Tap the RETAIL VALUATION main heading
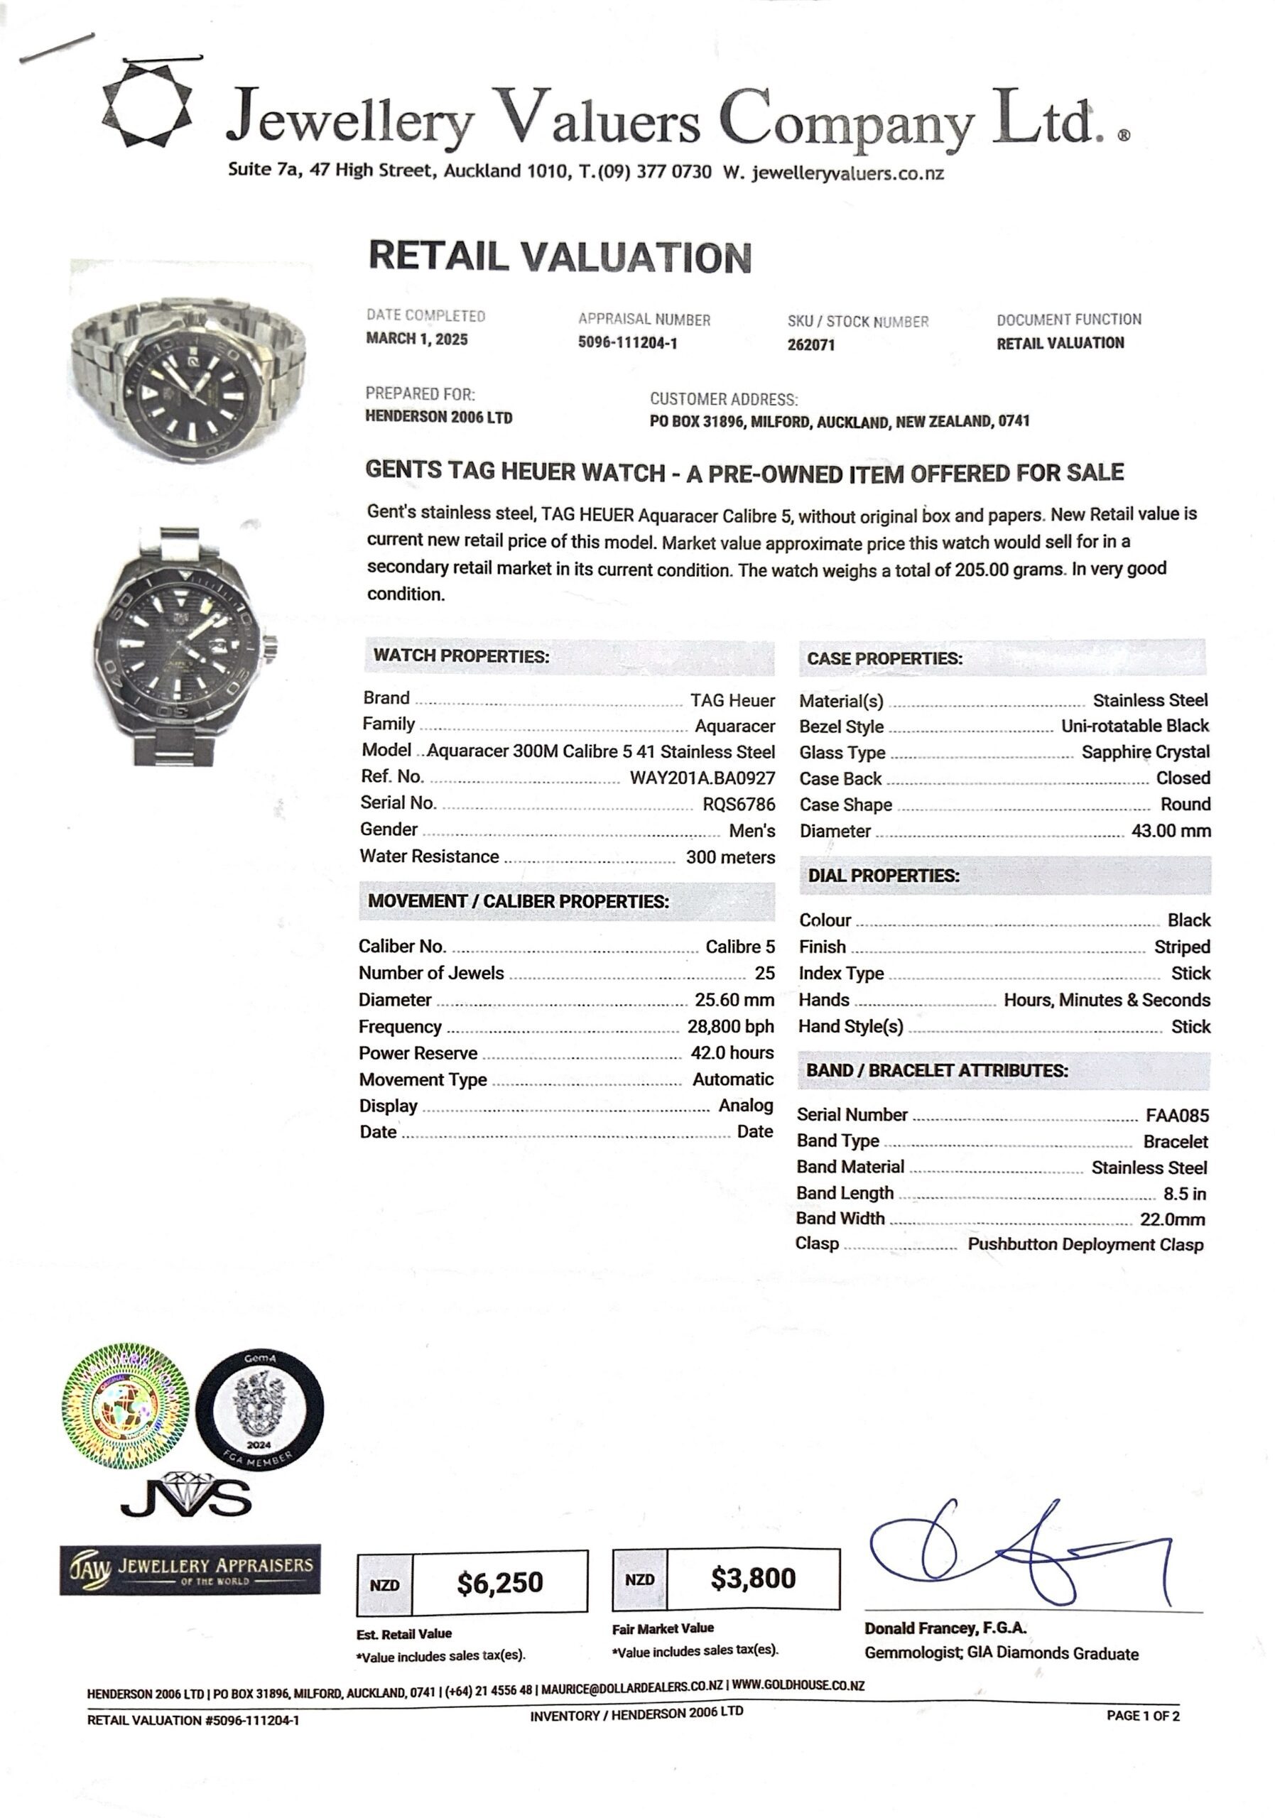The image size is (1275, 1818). (x=560, y=257)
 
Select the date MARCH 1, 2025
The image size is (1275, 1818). (x=416, y=339)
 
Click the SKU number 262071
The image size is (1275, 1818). (x=811, y=344)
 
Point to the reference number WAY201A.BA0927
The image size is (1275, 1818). (x=702, y=778)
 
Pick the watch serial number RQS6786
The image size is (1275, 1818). (x=738, y=805)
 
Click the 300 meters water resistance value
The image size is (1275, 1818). (x=730, y=856)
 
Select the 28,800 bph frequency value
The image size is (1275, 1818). (x=730, y=1026)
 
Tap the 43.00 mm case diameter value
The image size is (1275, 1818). (x=1171, y=831)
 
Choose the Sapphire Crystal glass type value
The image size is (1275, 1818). (x=1145, y=751)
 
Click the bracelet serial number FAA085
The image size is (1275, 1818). (x=1177, y=1116)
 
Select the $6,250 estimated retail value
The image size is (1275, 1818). (x=500, y=1582)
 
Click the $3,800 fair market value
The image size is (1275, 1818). (x=752, y=1578)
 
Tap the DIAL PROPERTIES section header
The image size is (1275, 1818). (x=883, y=876)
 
